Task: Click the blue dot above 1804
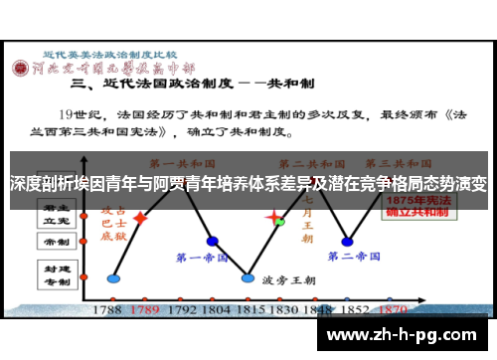coord(212,241)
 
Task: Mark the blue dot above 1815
coord(248,277)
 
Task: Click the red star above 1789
coord(141,217)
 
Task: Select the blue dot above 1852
coord(347,241)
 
